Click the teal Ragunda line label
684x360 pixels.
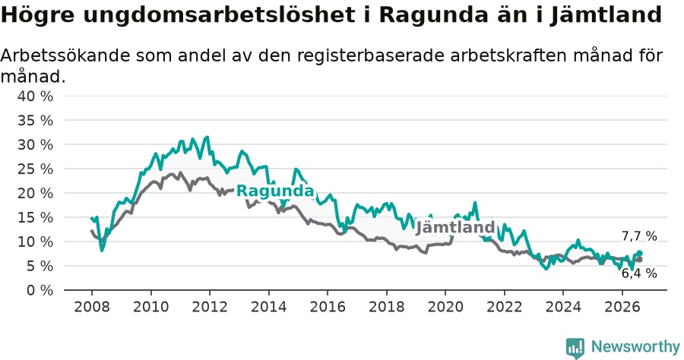pyautogui.click(x=275, y=191)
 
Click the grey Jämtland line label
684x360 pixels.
pyautogui.click(x=455, y=227)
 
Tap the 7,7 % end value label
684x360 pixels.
pyautogui.click(x=639, y=236)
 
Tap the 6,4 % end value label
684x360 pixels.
pyautogui.click(x=639, y=273)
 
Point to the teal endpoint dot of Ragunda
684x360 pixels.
pyautogui.click(x=639, y=253)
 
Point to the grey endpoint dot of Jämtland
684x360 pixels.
pyautogui.click(x=639, y=260)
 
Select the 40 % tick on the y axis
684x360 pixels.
pyautogui.click(x=35, y=96)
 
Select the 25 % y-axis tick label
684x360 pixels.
pyautogui.click(x=35, y=169)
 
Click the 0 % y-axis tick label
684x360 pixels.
pyautogui.click(x=40, y=290)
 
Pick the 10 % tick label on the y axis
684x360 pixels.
pyautogui.click(x=35, y=242)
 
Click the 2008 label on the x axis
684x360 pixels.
pyautogui.click(x=92, y=307)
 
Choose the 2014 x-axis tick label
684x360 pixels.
pyautogui.click(x=269, y=307)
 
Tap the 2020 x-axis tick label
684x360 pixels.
pyautogui.click(x=445, y=307)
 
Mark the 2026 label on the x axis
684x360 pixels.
pyautogui.click(x=622, y=307)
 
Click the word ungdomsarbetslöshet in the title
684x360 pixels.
pyautogui.click(x=218, y=15)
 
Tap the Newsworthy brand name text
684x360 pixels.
pyautogui.click(x=635, y=347)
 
